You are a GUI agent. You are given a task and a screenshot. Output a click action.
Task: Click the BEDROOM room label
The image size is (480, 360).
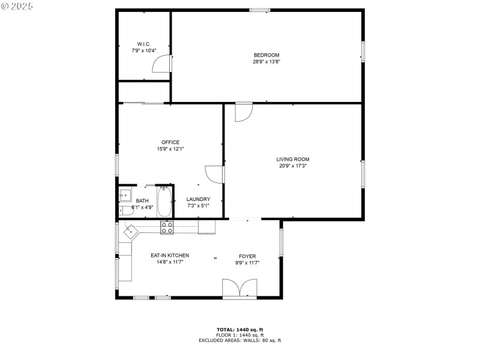[266, 55]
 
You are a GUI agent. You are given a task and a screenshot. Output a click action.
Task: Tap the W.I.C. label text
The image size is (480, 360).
[144, 44]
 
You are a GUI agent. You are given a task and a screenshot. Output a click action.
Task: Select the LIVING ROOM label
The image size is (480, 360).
[293, 159]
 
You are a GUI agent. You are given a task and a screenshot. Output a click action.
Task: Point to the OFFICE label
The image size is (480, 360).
[170, 142]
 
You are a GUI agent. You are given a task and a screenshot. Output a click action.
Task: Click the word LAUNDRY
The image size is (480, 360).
[198, 199]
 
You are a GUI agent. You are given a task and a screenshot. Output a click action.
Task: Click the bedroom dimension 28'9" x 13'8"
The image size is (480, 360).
[266, 62]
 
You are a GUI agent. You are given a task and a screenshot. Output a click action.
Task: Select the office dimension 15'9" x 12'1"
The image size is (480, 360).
[170, 149]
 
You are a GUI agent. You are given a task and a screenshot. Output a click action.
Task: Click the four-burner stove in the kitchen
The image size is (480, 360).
[167, 227]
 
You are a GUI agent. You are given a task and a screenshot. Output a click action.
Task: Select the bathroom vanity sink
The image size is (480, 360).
[125, 194]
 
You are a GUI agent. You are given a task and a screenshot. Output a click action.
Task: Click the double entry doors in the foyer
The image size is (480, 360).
[240, 289]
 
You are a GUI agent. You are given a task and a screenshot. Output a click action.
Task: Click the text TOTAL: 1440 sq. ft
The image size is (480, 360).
[240, 329]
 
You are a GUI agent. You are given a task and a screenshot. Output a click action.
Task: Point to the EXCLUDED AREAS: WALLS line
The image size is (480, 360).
[240, 340]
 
